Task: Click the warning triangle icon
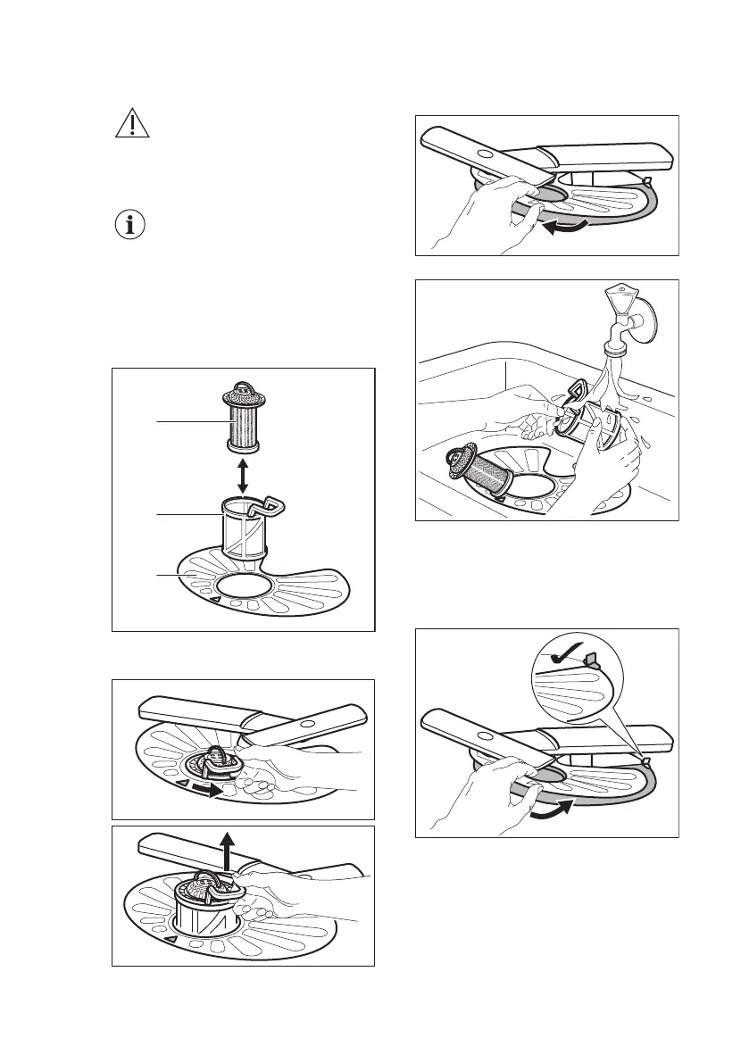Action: click(x=132, y=124)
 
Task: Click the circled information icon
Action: click(x=132, y=225)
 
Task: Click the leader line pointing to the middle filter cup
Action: click(x=190, y=514)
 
